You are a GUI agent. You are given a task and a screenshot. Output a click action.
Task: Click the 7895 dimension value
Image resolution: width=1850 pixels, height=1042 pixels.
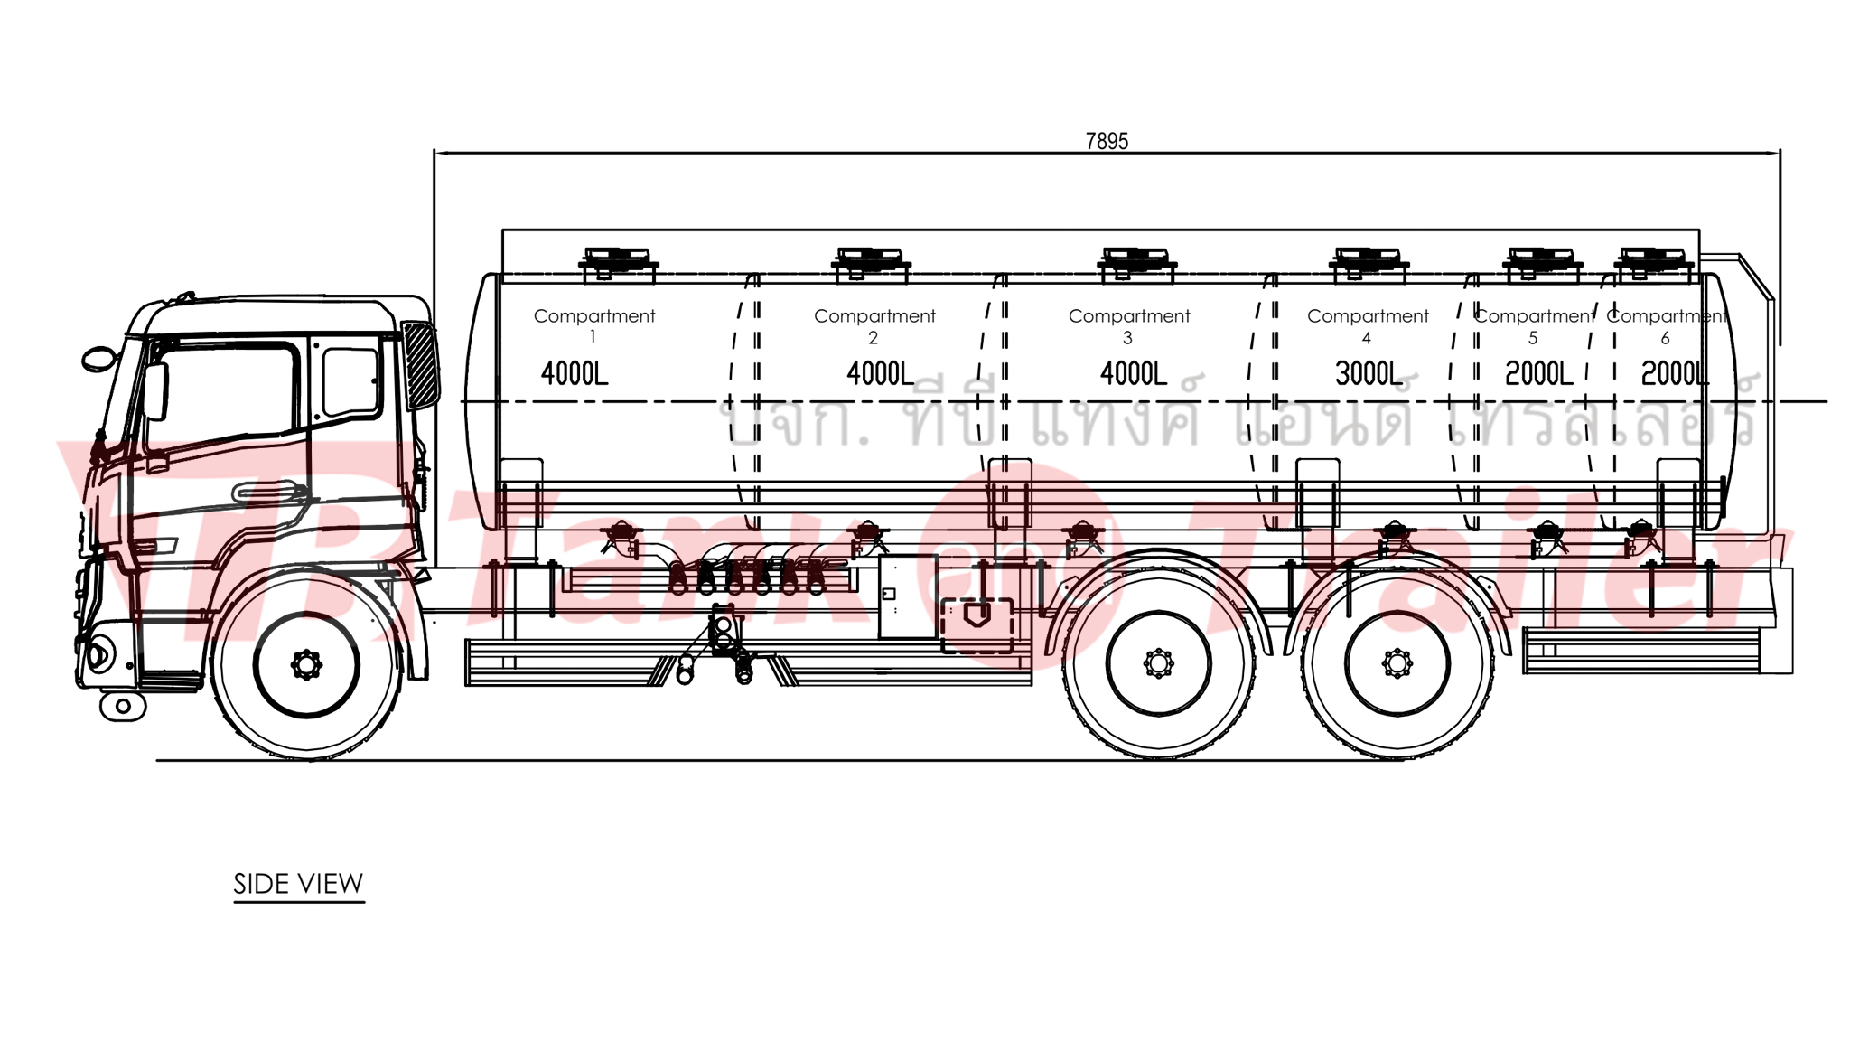coord(1107,141)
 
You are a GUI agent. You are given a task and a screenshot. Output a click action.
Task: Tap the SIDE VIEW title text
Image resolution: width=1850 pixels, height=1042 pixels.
coord(298,883)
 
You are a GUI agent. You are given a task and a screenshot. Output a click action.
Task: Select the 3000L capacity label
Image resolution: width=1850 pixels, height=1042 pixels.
coord(1369,373)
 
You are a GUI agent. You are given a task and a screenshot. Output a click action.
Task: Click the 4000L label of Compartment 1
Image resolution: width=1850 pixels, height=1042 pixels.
coord(575,373)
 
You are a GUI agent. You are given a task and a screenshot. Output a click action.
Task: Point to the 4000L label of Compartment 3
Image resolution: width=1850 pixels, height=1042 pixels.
coord(1134,373)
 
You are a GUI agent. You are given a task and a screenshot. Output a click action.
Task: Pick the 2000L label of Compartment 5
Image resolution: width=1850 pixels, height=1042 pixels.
coord(1538,373)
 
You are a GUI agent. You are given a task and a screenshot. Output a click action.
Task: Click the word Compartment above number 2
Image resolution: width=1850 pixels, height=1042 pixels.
coord(874,316)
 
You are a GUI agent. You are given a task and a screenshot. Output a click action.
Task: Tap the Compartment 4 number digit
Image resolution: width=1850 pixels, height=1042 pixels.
coord(1367,338)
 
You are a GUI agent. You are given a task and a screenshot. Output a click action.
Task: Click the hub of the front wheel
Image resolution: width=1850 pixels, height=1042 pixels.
coord(306,665)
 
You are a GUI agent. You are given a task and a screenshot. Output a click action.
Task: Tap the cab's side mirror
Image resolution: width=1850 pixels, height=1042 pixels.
coord(98,359)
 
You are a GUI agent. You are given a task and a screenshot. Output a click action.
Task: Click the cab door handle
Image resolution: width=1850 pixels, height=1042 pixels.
coord(268,493)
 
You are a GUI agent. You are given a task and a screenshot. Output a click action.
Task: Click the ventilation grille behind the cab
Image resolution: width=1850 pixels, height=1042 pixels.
coord(420,366)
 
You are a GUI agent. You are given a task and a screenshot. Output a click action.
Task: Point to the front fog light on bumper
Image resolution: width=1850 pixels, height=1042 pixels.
coord(98,652)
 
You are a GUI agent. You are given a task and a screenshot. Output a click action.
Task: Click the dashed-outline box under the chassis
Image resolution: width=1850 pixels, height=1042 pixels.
coord(977,625)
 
